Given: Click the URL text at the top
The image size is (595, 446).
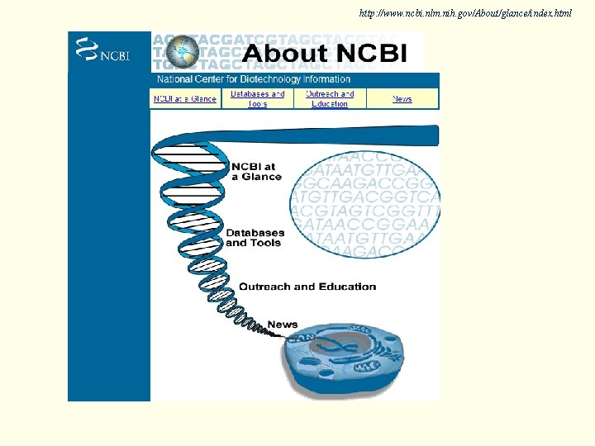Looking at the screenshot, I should pos(465,14).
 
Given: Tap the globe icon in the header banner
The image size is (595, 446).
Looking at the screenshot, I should pos(183,52).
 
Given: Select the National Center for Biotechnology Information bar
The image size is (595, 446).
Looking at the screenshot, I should pos(254,79).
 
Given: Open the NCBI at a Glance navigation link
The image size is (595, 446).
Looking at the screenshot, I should pos(185,99).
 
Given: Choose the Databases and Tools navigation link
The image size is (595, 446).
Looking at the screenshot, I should pos(257,99).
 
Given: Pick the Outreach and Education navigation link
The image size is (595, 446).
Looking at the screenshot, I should pos(330,99).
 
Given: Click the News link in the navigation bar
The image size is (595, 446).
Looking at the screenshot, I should pos(402,99).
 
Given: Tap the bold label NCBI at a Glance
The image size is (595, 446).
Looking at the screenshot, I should pos(256,171).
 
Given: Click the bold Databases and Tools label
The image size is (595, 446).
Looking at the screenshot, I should pos(255,238).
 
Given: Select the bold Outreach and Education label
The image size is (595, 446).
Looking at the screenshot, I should pos(307,287).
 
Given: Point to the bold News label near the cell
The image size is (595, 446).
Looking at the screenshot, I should pos(283,325).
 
